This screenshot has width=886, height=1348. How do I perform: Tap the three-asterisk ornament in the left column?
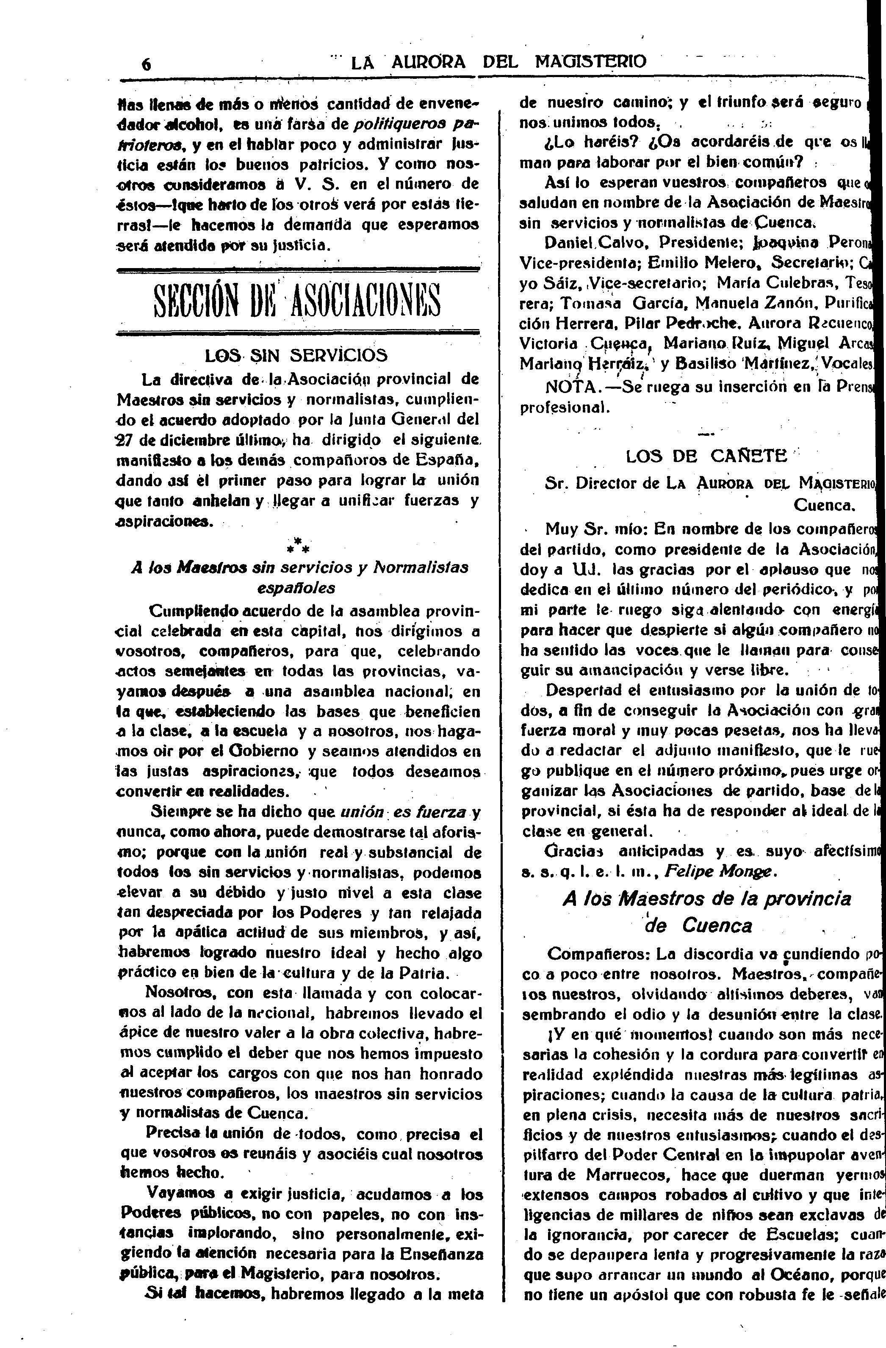[x=297, y=545]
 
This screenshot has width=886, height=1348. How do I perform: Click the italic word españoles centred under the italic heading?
[x=296, y=587]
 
